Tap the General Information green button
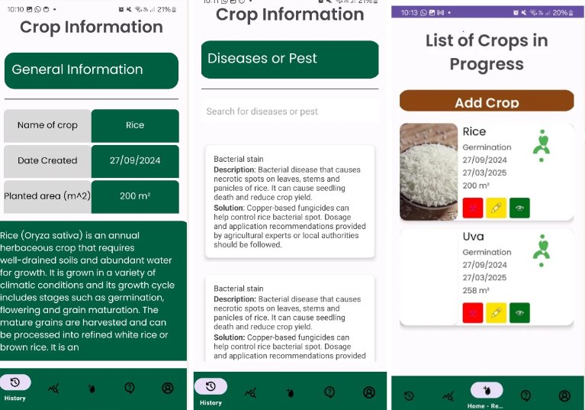(x=92, y=70)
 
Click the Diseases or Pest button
(x=290, y=60)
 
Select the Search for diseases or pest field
(x=290, y=111)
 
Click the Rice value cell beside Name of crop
(x=135, y=125)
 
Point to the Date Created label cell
(x=47, y=161)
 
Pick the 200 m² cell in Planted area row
(x=135, y=196)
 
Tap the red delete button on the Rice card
(x=473, y=208)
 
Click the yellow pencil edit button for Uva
(x=497, y=313)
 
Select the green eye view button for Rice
(x=519, y=208)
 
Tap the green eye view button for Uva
(x=519, y=313)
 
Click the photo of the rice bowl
(x=429, y=172)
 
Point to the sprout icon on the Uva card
(x=542, y=250)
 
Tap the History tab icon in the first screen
(x=15, y=383)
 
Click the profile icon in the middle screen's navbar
(x=369, y=392)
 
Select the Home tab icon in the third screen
(x=487, y=391)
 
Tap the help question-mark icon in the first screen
(x=130, y=388)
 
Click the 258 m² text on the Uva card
(x=476, y=290)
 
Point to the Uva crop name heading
(x=473, y=237)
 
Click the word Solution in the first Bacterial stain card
(x=229, y=208)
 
